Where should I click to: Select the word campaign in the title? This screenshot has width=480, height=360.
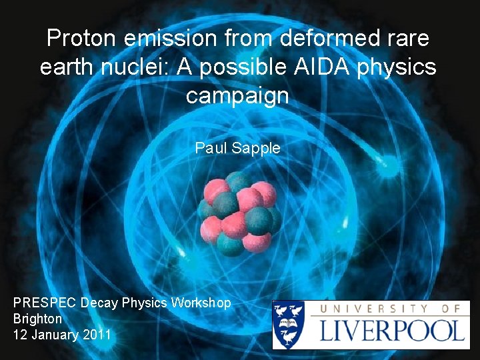click(x=238, y=96)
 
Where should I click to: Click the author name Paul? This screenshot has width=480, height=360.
click(x=211, y=148)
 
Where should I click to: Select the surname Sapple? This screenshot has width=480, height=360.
click(x=256, y=148)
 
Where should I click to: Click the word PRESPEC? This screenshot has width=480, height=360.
click(x=44, y=303)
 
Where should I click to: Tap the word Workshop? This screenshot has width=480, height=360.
click(x=201, y=303)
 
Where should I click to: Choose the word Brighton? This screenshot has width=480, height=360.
click(x=37, y=319)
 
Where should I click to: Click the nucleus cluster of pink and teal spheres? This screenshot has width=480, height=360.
click(x=239, y=213)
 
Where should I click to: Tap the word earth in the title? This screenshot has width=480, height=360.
click(x=66, y=67)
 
